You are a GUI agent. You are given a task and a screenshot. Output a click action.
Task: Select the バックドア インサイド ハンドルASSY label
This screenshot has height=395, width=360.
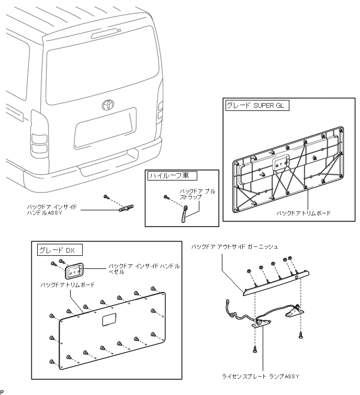click(x=52, y=210)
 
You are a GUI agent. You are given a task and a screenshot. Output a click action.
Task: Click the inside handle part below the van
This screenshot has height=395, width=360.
click(x=126, y=208)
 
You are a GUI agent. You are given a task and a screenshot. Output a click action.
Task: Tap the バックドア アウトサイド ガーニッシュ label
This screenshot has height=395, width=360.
click(x=234, y=246)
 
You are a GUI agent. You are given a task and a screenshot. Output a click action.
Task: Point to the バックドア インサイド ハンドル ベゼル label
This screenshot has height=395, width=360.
click(x=143, y=269)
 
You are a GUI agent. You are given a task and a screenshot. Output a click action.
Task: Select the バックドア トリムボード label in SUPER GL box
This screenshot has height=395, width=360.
click(x=304, y=213)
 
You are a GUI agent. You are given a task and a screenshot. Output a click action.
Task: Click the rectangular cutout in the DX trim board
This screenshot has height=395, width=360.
click(x=109, y=320)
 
